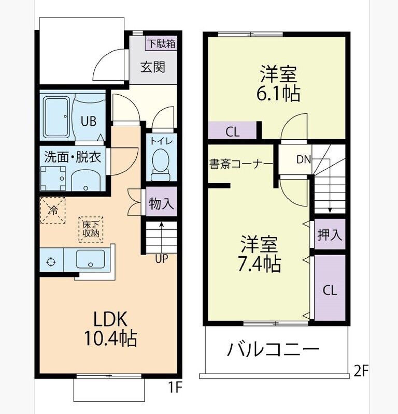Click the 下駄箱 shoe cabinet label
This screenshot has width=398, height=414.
click(x=161, y=43)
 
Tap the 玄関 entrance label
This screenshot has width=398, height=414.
click(x=153, y=67)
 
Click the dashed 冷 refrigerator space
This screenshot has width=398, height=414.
click(x=53, y=211)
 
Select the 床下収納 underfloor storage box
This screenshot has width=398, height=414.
click(x=91, y=229)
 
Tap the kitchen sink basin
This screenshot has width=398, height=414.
click(x=91, y=259)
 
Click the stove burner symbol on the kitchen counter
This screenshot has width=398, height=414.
click(x=51, y=262)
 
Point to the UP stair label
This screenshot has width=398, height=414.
click(x=161, y=259)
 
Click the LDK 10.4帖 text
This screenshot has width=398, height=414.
click(x=110, y=329)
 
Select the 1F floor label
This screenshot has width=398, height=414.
click(x=175, y=388)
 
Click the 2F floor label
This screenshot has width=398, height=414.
click(x=361, y=371)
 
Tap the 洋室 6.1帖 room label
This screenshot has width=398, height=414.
click(x=278, y=83)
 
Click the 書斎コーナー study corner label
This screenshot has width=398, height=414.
click(x=241, y=164)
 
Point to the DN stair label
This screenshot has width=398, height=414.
click(x=303, y=159)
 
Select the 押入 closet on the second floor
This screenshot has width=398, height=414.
click(x=330, y=234)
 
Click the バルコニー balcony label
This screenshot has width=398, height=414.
click(x=273, y=350)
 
